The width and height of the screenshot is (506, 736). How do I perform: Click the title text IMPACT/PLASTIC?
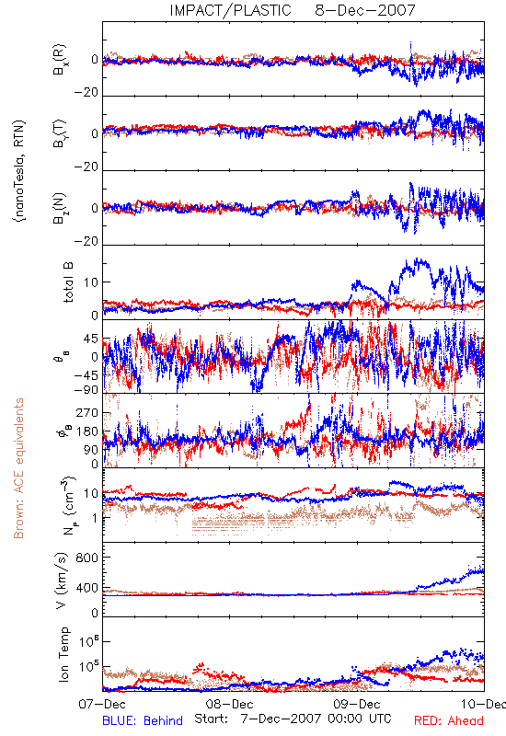(230, 10)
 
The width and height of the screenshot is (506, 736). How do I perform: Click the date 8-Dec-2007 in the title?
(365, 10)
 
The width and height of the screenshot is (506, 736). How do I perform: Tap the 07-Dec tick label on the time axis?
(102, 704)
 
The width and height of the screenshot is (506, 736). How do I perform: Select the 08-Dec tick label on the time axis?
(229, 704)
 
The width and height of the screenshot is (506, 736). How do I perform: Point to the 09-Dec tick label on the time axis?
(357, 704)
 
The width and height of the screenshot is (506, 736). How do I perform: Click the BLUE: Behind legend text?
(143, 720)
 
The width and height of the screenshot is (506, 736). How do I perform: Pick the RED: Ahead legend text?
(449, 720)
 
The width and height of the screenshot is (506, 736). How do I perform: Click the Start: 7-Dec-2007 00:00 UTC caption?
(293, 719)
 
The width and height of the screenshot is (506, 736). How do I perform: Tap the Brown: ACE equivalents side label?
(18, 468)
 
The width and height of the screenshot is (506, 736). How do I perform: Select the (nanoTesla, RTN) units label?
(19, 171)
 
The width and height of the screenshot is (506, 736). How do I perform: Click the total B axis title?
(68, 282)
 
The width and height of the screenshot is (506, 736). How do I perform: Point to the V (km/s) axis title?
(62, 581)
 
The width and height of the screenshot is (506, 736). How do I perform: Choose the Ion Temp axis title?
(63, 654)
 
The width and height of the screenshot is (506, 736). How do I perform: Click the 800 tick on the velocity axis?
(86, 558)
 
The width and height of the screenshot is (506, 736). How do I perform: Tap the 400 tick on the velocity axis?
(86, 587)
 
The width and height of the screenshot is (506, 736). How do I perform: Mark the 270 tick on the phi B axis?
(86, 412)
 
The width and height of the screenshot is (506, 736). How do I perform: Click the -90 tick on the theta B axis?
(86, 389)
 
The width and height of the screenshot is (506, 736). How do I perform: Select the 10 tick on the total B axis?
(91, 282)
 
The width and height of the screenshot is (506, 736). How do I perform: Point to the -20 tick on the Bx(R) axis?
(86, 93)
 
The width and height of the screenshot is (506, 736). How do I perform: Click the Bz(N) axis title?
(60, 208)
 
